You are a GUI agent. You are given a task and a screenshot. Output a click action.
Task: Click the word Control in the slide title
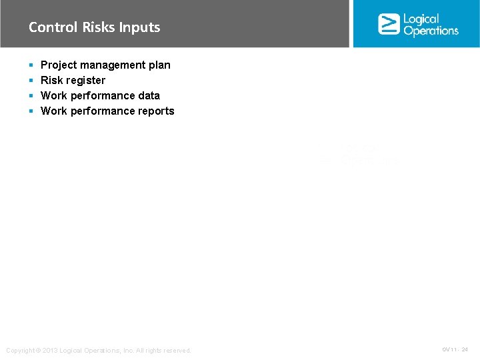(53, 27)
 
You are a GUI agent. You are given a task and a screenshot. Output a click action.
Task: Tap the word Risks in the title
(99, 27)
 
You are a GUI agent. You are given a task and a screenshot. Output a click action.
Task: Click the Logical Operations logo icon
(389, 23)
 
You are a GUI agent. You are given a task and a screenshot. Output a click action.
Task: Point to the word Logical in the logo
(421, 19)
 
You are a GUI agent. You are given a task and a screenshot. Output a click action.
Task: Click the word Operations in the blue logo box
(431, 31)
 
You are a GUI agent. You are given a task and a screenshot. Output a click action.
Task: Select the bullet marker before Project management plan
(31, 65)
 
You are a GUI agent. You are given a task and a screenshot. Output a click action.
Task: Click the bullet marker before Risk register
(31, 81)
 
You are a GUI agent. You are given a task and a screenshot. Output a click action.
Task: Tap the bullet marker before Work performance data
(31, 96)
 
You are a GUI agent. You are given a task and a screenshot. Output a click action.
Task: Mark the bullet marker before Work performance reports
(31, 111)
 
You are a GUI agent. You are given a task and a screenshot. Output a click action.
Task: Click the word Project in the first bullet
(59, 65)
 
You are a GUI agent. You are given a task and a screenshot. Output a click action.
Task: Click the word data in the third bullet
(149, 96)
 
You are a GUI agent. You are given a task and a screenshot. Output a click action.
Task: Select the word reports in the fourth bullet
(156, 111)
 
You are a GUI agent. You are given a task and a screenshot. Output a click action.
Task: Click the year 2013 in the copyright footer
(50, 351)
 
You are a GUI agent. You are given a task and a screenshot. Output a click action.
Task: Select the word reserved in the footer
(177, 351)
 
